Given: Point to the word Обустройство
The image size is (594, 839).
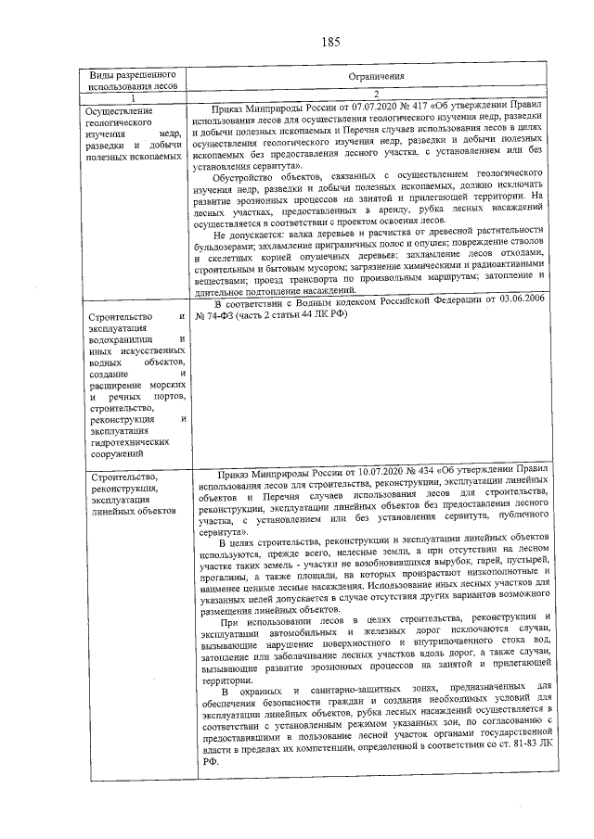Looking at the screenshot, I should pyautogui.click(x=245, y=175).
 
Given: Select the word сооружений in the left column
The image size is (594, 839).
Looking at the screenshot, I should pyautogui.click(x=113, y=454).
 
